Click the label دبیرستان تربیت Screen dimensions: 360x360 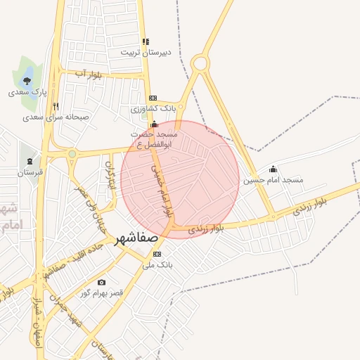click(x=145, y=52)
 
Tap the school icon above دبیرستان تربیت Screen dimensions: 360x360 click(x=146, y=41)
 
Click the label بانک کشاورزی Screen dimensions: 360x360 click(x=153, y=109)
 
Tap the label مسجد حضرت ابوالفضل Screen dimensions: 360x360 click(x=155, y=139)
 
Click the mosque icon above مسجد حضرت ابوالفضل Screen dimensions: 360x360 click(x=155, y=124)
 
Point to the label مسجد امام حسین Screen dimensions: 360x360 click(x=274, y=180)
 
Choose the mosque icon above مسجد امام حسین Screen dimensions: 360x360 click(x=274, y=169)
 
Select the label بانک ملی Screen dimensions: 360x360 click(x=157, y=265)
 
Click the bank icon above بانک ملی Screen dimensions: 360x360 click(x=157, y=254)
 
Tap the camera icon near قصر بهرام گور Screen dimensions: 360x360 click(x=102, y=282)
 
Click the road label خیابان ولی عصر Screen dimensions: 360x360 click(x=92, y=200)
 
